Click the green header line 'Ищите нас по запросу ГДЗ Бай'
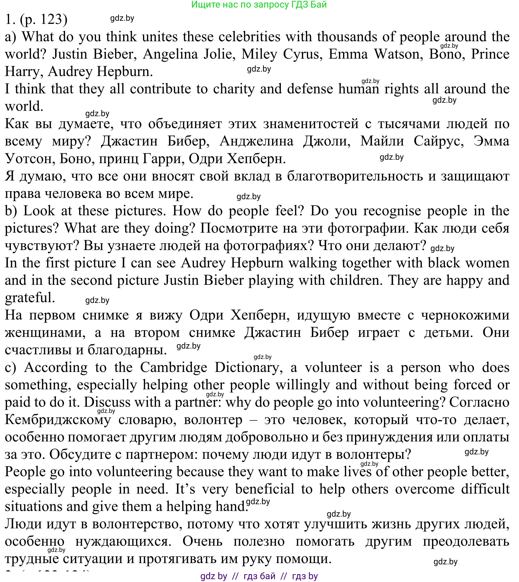click(259, 4)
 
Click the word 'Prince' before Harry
click(490, 54)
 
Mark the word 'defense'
click(310, 89)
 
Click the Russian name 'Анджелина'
click(256, 141)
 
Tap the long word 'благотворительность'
click(355, 176)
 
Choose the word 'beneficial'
click(265, 489)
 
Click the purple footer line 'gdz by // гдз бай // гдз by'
click(259, 576)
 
